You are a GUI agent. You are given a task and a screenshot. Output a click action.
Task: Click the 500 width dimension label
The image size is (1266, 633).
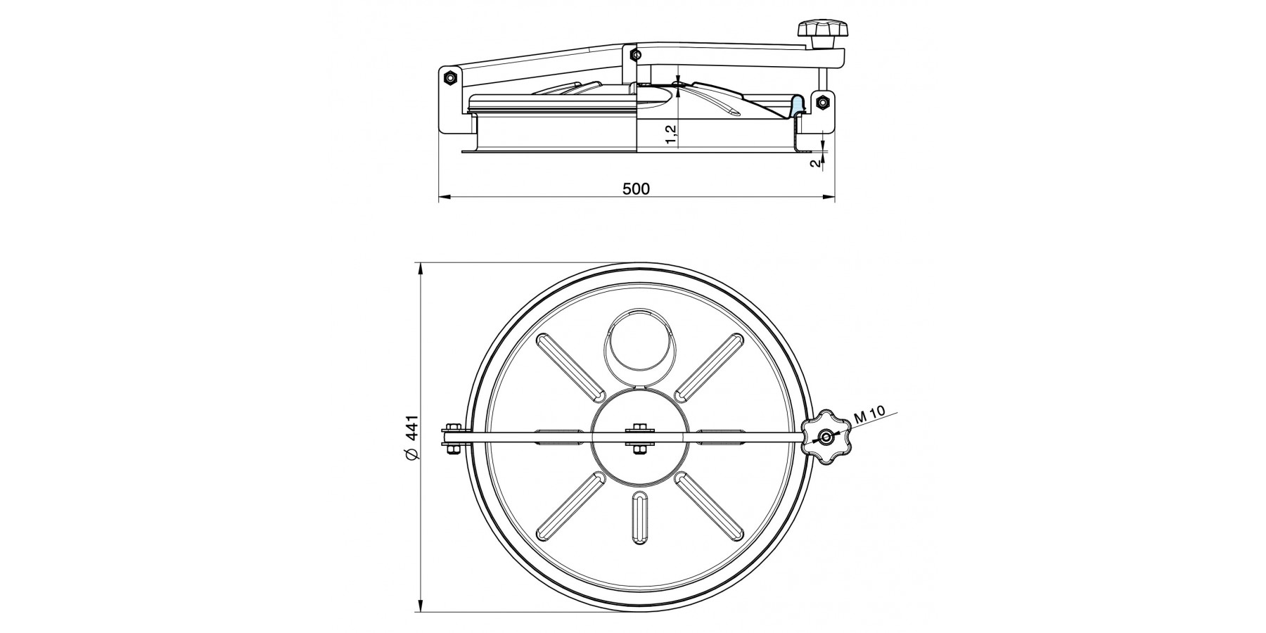click(636, 188)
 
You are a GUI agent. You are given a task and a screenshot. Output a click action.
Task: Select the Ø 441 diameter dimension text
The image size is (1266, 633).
click(412, 438)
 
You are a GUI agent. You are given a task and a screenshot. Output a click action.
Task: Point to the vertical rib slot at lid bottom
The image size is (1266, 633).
click(639, 518)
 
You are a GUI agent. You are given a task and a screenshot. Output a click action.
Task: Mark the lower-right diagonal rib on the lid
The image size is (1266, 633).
click(708, 506)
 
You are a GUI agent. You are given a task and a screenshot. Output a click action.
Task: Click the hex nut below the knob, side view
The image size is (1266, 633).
click(821, 102)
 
